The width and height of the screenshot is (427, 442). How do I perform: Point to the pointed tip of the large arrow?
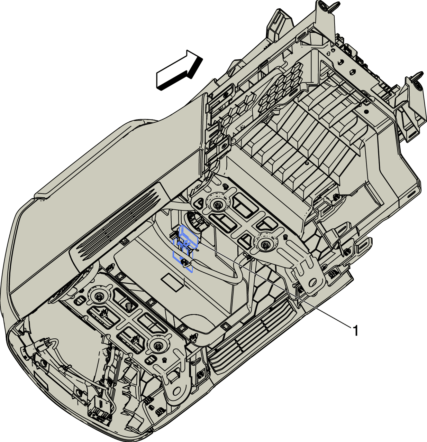pos(202,58)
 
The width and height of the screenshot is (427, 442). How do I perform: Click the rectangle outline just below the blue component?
pos(172,283)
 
